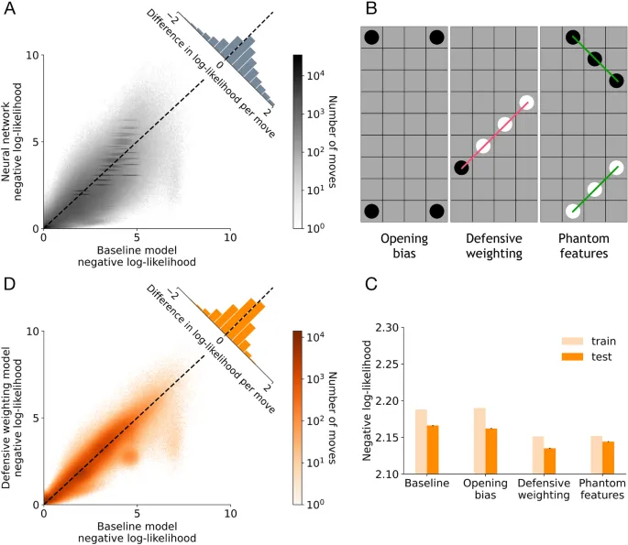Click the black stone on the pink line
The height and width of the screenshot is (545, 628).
click(461, 168)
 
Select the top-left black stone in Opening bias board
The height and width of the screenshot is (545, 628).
click(371, 38)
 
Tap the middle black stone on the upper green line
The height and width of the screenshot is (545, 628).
click(594, 60)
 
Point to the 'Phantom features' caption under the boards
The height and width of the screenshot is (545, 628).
click(583, 246)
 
